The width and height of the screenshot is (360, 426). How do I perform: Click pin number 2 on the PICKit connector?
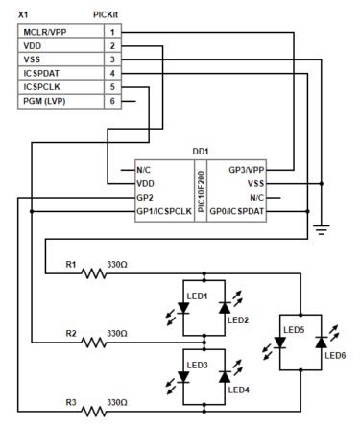(113, 45)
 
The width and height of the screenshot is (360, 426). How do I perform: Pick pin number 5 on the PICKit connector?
(113, 85)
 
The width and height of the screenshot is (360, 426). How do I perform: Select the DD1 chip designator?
(200, 152)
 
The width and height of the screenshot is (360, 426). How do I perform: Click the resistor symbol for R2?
(94, 341)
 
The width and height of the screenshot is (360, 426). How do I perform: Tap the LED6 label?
(336, 356)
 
